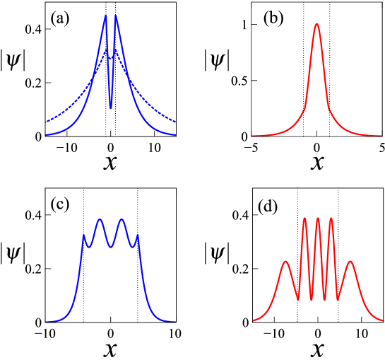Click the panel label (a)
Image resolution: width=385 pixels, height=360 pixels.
pyautogui.click(x=58, y=19)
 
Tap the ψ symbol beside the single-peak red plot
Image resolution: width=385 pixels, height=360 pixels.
pyautogui.click(x=214, y=62)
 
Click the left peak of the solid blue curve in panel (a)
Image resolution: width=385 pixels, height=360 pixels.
pyautogui.click(x=105, y=16)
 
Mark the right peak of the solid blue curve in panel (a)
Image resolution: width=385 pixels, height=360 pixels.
pyautogui.click(x=116, y=16)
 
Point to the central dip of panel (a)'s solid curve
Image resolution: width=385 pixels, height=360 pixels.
pyautogui.click(x=110, y=108)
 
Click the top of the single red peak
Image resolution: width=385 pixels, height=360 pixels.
pyautogui.click(x=316, y=24)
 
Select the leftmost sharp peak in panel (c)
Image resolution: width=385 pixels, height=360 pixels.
pyautogui.click(x=84, y=235)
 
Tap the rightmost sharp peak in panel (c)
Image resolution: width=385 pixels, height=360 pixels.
pyautogui.click(x=137, y=235)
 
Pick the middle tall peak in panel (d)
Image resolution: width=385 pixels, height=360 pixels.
pyautogui.click(x=318, y=218)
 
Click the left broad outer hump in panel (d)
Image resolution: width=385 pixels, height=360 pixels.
pyautogui.click(x=286, y=262)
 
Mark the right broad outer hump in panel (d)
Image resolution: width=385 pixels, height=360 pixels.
pyautogui.click(x=350, y=262)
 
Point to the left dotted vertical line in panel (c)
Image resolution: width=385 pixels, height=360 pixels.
pyautogui.click(x=84, y=283)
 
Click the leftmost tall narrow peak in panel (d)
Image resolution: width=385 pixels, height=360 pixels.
pyautogui.click(x=305, y=218)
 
